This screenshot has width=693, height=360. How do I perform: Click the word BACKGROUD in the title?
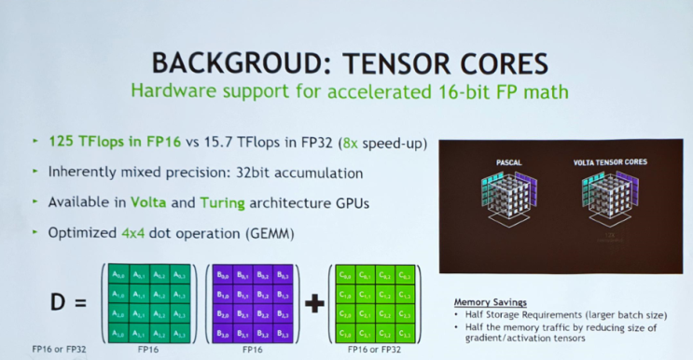(220, 62)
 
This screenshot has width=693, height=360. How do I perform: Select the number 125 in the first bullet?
(62, 145)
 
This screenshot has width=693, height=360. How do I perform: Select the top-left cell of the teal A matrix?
(117, 274)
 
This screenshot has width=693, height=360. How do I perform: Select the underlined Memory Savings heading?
(491, 303)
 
